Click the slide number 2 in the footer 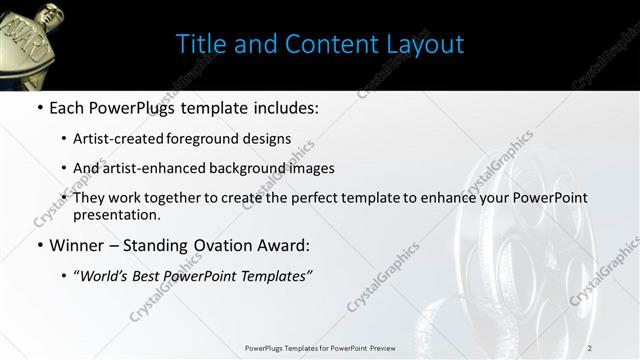click(589, 348)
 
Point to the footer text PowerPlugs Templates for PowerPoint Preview click(319, 348)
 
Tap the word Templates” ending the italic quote click(276, 273)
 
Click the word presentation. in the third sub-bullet click(116, 214)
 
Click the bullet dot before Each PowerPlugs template click(39, 107)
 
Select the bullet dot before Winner click(39, 245)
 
